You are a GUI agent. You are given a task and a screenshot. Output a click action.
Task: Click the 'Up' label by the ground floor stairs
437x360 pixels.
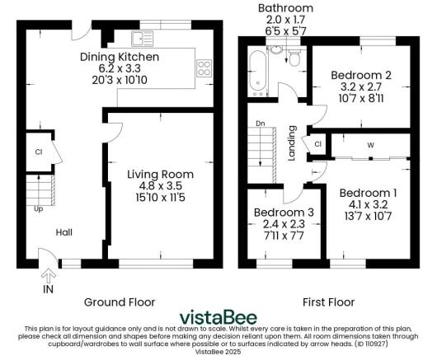(x=38, y=208)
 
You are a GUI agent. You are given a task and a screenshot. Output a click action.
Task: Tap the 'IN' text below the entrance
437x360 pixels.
(x=47, y=290)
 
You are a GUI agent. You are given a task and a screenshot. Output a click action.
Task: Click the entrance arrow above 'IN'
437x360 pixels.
(x=47, y=274)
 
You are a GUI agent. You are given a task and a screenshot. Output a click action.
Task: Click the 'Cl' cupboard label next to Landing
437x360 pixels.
(x=317, y=144)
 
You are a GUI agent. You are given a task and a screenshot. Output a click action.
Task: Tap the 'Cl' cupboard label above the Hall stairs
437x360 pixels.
(x=39, y=152)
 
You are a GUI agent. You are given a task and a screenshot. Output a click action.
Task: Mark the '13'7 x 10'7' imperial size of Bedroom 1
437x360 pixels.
(x=368, y=217)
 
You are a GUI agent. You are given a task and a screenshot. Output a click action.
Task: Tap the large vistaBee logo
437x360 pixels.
(x=218, y=317)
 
